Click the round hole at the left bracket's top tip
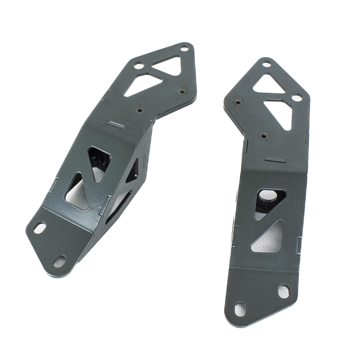click(x=184, y=48)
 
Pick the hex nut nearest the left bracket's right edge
click(x=183, y=91)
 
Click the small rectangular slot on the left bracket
click(x=116, y=125)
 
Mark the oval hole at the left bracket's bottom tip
click(x=59, y=261)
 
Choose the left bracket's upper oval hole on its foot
click(x=39, y=228)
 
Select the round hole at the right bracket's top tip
click(x=266, y=64)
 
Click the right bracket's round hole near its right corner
click(x=297, y=97)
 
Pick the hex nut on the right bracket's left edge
click(x=237, y=102)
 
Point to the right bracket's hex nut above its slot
click(x=264, y=135)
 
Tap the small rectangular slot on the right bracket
click(x=275, y=160)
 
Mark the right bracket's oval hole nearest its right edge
click(x=284, y=291)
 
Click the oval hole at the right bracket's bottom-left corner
click(x=240, y=309)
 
